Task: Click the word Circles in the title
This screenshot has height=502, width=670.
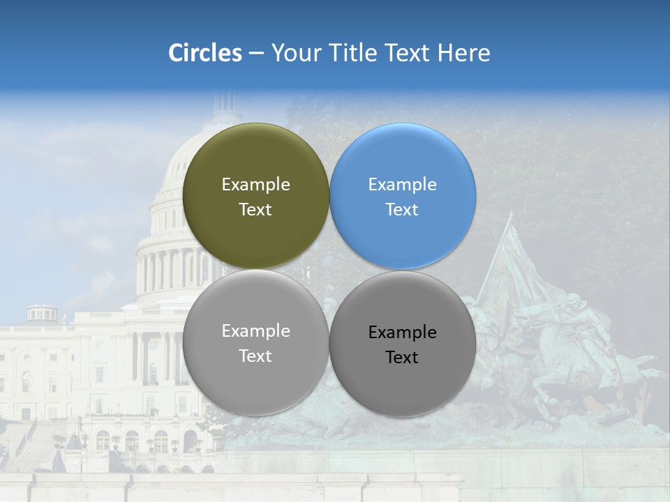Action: tap(205, 53)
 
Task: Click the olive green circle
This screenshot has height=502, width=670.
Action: tap(256, 157)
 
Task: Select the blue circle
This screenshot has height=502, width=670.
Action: tap(403, 157)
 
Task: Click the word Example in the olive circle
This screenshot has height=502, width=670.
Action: tap(255, 185)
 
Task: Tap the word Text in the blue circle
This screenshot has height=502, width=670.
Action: tap(402, 210)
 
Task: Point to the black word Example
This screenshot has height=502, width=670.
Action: tap(402, 333)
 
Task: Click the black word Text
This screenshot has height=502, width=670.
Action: tap(402, 358)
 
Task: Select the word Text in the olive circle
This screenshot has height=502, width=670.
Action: tap(255, 210)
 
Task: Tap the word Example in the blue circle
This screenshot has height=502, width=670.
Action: tap(402, 185)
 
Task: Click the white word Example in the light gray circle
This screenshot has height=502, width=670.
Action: tap(255, 331)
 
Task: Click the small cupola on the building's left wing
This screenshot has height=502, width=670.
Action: tap(42, 312)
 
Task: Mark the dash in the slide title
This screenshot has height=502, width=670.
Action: tap(256, 54)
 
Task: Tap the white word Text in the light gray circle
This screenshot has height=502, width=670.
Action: tap(255, 356)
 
